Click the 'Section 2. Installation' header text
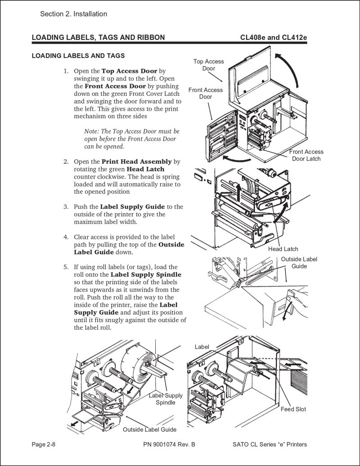click(73, 14)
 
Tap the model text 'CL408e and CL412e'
click(274, 37)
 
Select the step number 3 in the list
click(66, 207)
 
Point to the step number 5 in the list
click(66, 267)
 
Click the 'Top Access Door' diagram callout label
click(208, 65)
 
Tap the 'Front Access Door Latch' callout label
click(306, 155)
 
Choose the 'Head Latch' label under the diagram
click(283, 249)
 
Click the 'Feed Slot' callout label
click(293, 409)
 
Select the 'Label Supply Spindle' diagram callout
click(166, 399)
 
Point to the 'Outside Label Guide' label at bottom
click(149, 430)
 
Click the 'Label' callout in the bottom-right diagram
click(202, 346)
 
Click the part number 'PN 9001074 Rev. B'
click(169, 444)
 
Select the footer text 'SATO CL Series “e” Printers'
click(270, 444)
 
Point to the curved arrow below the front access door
click(238, 158)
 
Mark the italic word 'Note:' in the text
click(92, 131)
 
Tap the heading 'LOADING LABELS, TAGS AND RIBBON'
click(98, 37)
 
